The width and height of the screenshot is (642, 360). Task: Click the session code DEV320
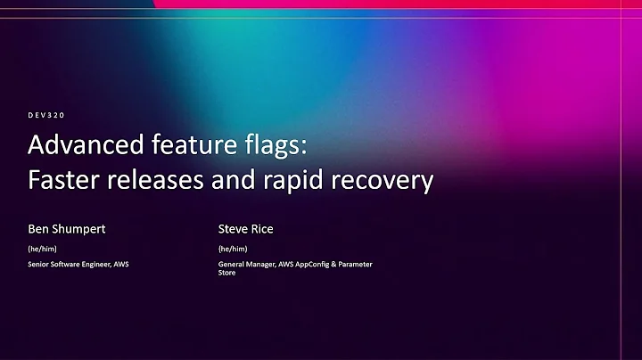point(47,115)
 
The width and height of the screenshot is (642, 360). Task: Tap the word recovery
point(384,181)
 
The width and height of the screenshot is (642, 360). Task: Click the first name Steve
point(235,229)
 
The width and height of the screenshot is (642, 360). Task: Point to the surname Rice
point(262,229)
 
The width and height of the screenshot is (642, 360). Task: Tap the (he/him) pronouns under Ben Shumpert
point(43,249)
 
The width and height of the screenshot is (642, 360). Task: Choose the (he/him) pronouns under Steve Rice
point(234,249)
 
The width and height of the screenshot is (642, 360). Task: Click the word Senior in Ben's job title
point(40,264)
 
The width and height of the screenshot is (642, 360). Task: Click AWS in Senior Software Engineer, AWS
point(122,264)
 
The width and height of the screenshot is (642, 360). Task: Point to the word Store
point(228,274)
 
